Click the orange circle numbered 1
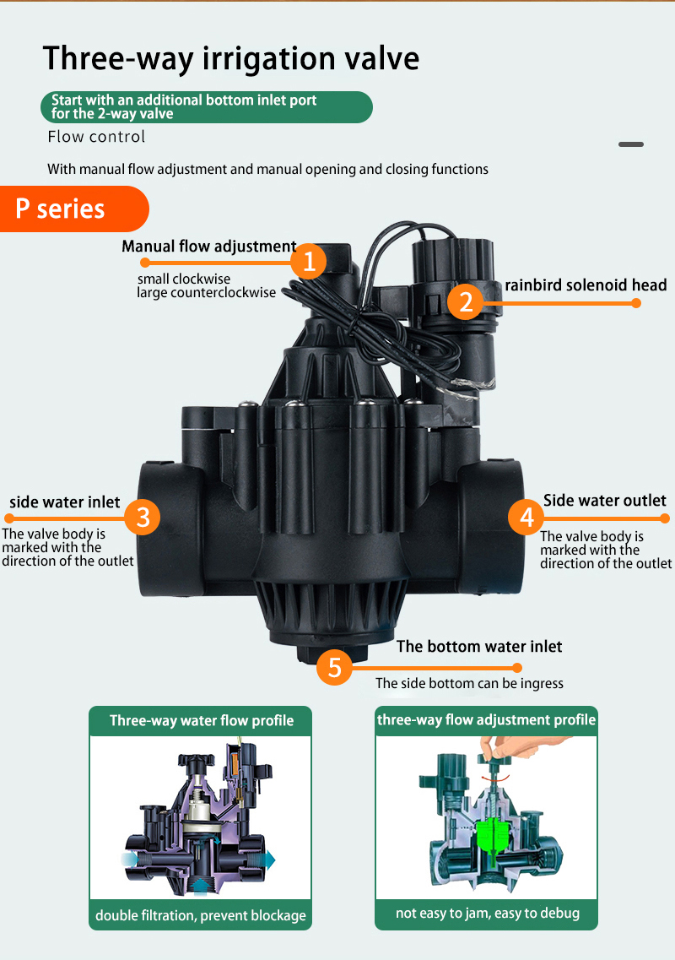pos(308,262)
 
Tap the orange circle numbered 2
pos(466,301)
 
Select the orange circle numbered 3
pos(143,517)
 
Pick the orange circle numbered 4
pos(526,518)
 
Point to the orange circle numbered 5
pos(334,667)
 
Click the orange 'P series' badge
pos(74,209)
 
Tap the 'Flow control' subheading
pos(97,137)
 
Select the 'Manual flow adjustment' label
pos(208,247)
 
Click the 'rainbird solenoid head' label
pos(586,285)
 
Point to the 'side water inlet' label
pos(65,502)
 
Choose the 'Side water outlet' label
pos(605,500)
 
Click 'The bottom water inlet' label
pos(479,647)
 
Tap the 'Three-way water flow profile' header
pos(202,720)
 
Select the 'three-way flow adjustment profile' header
pos(487,720)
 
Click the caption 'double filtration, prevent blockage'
pos(201,915)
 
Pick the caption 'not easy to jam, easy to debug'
pos(487,913)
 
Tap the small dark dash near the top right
pos(631,144)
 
